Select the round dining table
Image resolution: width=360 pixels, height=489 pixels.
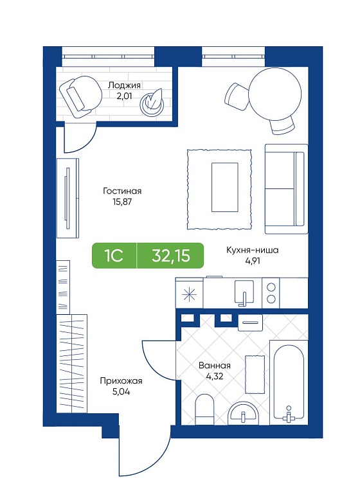[x=275, y=94]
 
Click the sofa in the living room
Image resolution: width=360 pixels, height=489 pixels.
[x=286, y=189]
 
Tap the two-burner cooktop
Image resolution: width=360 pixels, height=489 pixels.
[x=271, y=293]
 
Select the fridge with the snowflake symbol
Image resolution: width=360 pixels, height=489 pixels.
[x=190, y=294]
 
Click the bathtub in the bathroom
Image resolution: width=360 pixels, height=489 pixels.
[x=289, y=382]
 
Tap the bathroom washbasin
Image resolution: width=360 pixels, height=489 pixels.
[x=243, y=413]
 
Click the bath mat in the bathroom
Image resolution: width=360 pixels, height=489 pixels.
[x=255, y=374]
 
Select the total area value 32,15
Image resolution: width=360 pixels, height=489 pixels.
[x=171, y=256]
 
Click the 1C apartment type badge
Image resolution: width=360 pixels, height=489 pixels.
[x=114, y=256]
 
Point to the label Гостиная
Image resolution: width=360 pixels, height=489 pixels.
[x=122, y=191]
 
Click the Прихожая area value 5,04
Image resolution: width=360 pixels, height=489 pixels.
[x=121, y=391]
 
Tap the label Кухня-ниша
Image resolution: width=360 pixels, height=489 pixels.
[x=253, y=250]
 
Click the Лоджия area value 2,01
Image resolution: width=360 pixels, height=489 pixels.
[x=124, y=96]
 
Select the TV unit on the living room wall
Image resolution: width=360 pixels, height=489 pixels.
[x=67, y=199]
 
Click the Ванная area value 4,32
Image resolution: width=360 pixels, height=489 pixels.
[x=215, y=376]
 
